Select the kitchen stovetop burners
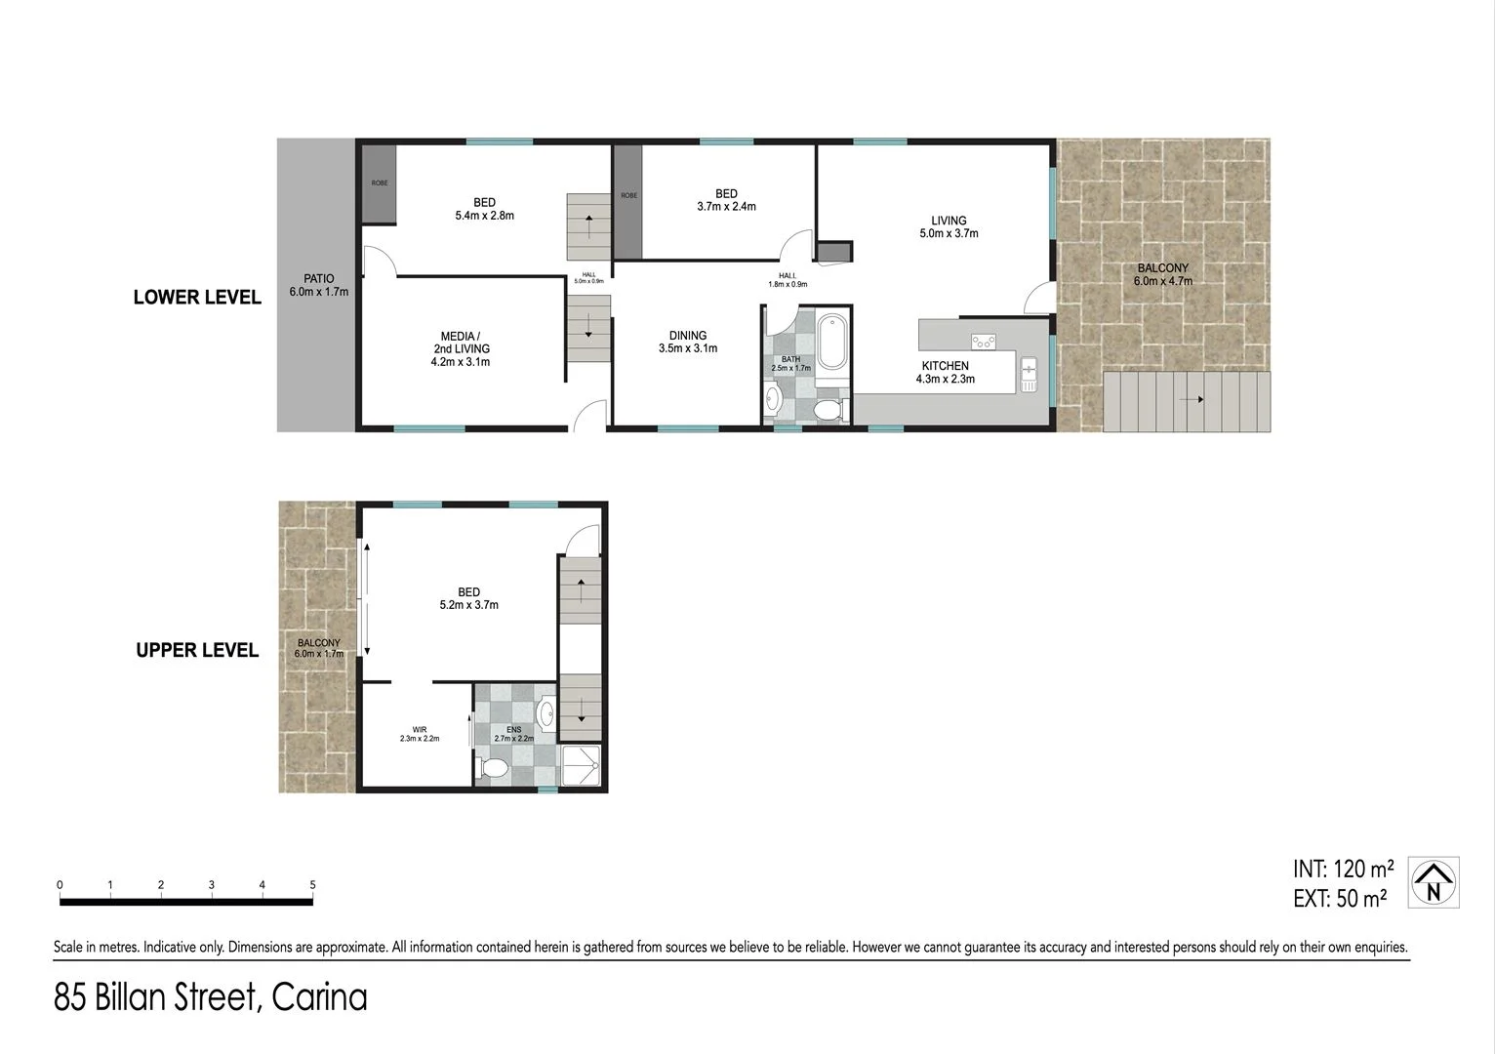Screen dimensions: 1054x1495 pyautogui.click(x=983, y=341)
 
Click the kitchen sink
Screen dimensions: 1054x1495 pyautogui.click(x=1028, y=375)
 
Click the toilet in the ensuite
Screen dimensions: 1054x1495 pyautogui.click(x=493, y=768)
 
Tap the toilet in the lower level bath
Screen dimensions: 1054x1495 pyautogui.click(x=828, y=410)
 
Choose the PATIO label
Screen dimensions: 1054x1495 pyautogui.click(x=318, y=279)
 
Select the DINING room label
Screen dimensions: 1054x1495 pyautogui.click(x=688, y=336)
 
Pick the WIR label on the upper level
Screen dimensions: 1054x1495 pyautogui.click(x=420, y=728)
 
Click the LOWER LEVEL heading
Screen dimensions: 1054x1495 pyautogui.click(x=197, y=298)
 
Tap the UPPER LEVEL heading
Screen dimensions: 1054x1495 pyautogui.click(x=197, y=650)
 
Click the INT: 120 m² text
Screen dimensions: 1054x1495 pyautogui.click(x=1343, y=869)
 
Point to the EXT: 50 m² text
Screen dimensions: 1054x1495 pyautogui.click(x=1340, y=899)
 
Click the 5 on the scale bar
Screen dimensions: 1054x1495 pyautogui.click(x=312, y=885)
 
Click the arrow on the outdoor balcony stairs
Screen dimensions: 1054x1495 pyautogui.click(x=1190, y=400)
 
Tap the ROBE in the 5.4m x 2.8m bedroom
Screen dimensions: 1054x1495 pyautogui.click(x=379, y=183)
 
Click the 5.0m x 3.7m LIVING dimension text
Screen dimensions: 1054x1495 pyautogui.click(x=949, y=233)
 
